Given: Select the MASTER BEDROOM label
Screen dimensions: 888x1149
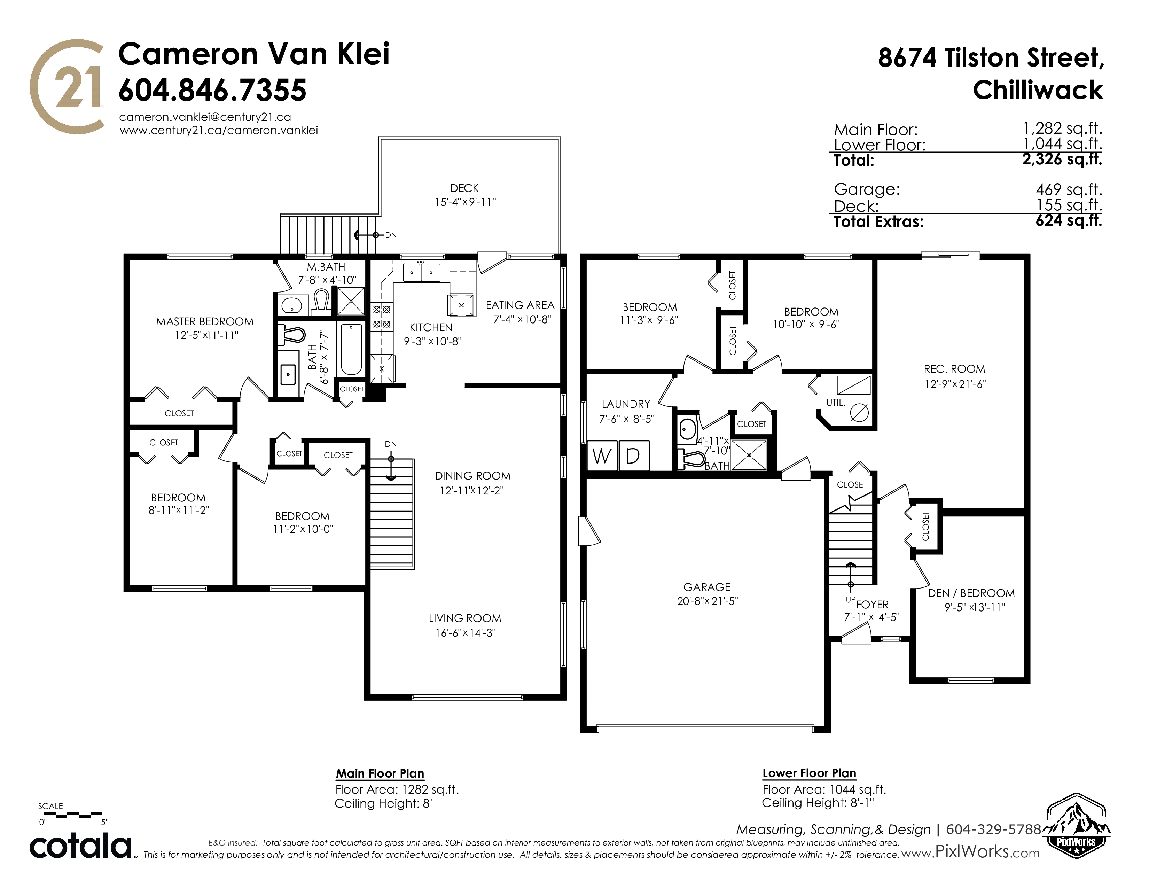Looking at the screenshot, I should (205, 321).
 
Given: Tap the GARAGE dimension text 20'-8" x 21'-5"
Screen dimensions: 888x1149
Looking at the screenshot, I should (707, 601).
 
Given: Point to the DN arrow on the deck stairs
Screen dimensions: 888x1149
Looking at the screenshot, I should (367, 235).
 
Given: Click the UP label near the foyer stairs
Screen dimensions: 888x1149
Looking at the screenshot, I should (850, 599).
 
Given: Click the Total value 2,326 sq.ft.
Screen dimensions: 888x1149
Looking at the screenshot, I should (1061, 159).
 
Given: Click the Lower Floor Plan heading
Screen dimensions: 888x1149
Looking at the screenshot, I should (809, 773).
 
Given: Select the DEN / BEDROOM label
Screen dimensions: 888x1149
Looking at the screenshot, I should (971, 593).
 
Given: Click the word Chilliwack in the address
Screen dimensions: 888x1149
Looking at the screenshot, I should (1038, 90).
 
